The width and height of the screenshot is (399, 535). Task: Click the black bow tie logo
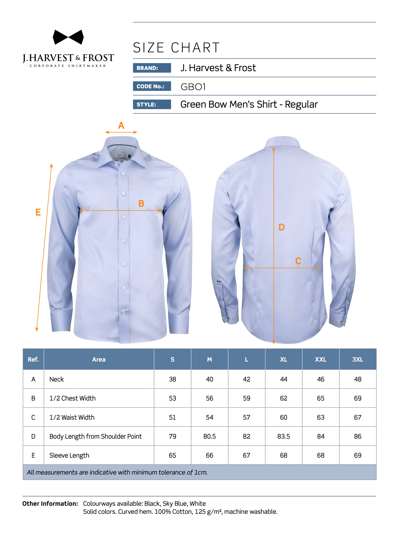(68, 37)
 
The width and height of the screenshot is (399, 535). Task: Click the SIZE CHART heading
(176, 48)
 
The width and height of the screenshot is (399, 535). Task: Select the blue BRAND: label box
(152, 68)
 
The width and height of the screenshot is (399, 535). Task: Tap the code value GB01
(193, 87)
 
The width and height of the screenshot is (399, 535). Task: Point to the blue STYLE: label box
(152, 104)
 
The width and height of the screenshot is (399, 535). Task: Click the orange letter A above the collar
(121, 126)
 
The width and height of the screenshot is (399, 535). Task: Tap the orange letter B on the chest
(141, 204)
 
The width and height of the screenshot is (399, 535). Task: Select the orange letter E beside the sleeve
(38, 212)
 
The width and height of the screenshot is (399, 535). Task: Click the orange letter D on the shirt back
(281, 227)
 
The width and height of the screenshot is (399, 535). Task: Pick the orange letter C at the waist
(298, 261)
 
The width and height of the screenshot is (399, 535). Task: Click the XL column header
(284, 359)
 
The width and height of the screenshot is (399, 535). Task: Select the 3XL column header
(358, 359)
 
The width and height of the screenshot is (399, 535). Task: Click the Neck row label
(57, 379)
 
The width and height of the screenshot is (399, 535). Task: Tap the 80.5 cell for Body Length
(210, 436)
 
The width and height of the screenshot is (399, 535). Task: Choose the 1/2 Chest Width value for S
(173, 398)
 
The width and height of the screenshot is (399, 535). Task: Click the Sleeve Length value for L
(247, 455)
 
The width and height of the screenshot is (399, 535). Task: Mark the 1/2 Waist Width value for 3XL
(358, 417)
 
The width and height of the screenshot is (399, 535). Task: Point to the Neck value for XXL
(321, 379)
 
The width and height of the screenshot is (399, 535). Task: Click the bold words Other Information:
(50, 504)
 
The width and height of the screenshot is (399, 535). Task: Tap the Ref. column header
(33, 359)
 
